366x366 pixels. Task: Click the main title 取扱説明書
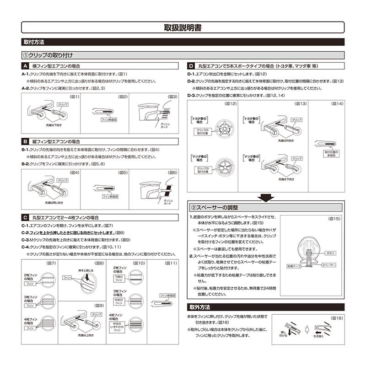[x=183, y=27]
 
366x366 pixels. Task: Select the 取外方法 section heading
[x=199, y=307]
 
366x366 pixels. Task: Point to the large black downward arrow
[x=265, y=197]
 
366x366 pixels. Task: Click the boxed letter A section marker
[x=26, y=66]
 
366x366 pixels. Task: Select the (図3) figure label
[x=172, y=97]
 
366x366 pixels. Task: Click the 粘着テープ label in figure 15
[x=293, y=265]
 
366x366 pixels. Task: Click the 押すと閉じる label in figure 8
[x=88, y=270]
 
